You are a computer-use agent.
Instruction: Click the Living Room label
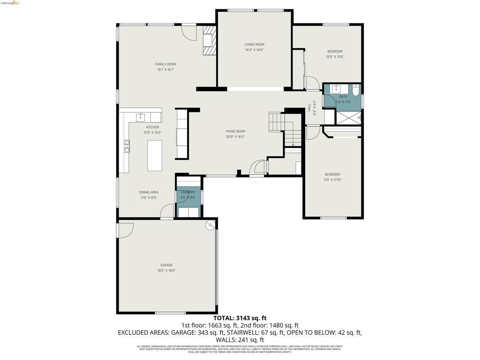[x=254, y=45]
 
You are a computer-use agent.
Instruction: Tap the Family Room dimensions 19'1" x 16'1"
[x=165, y=70]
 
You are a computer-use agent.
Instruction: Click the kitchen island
[x=155, y=156]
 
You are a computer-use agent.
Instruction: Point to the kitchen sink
[x=140, y=116]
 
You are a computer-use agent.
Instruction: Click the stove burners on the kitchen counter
[x=127, y=146]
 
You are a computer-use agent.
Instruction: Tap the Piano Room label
[x=235, y=131]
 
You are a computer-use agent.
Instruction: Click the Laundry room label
[x=188, y=192]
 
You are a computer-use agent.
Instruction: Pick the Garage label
[x=166, y=265]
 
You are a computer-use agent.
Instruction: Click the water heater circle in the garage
[x=210, y=225]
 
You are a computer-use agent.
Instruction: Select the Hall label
[x=309, y=108]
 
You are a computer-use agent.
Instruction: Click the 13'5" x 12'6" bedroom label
[x=335, y=52]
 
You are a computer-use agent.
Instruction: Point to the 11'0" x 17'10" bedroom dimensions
[x=332, y=180]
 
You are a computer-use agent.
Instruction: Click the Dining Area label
[x=149, y=192]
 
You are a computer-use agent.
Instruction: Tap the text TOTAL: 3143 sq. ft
[x=240, y=318]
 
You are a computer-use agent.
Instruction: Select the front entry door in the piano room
[x=257, y=168]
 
